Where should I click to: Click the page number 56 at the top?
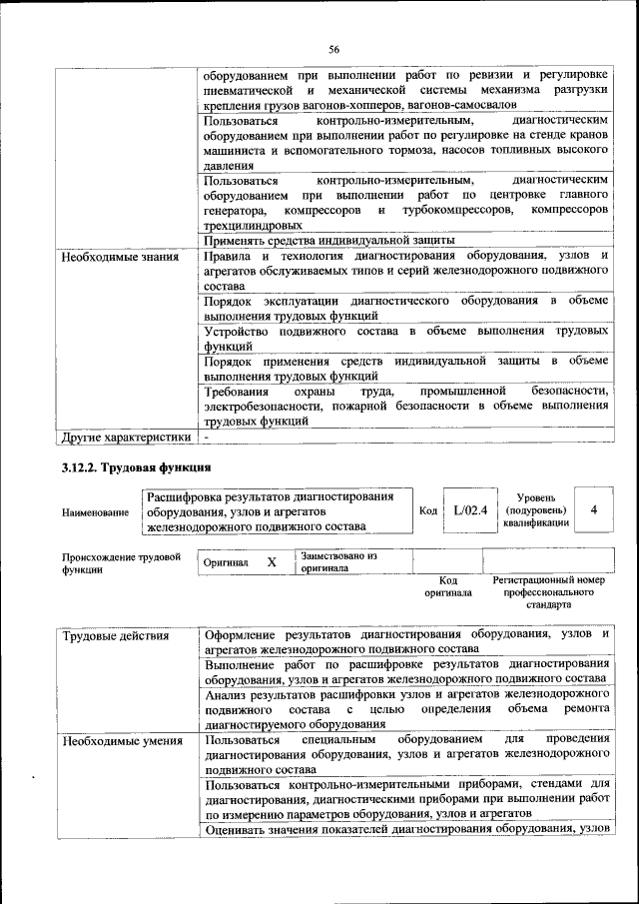334,48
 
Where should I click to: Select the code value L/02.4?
469,510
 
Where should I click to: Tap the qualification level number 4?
594,510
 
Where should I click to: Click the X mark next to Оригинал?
272,562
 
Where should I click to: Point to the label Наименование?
95,512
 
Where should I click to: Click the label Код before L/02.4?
428,511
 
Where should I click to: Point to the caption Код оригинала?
448,586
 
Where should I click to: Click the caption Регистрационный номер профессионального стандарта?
548,592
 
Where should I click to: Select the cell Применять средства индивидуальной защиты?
328,240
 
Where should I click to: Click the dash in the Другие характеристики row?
207,437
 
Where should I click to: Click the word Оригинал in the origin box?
226,563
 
